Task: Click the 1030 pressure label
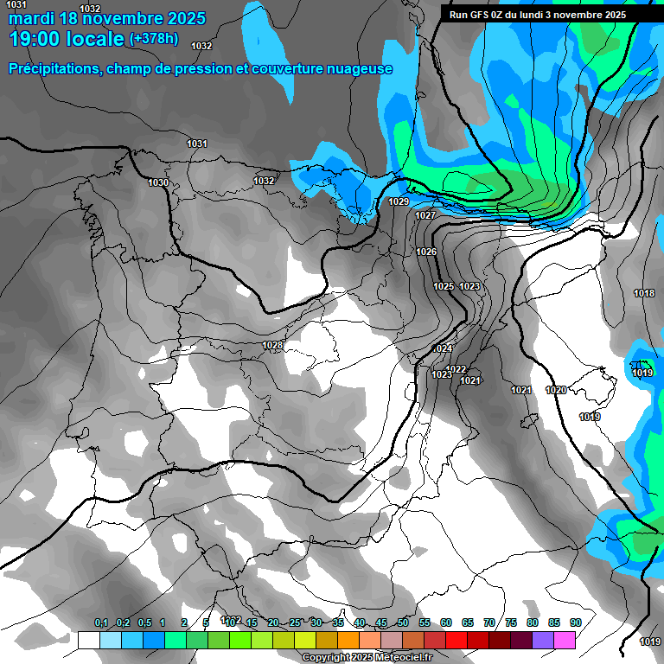tap(158, 182)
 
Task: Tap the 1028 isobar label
tap(272, 345)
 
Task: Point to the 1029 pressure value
tap(399, 201)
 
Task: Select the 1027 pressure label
tap(425, 215)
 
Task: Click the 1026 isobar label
tap(426, 252)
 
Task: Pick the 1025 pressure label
tap(444, 286)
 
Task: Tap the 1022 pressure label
tap(456, 369)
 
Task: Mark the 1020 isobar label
tap(556, 390)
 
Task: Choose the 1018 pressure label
tap(644, 293)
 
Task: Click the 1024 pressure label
tap(443, 348)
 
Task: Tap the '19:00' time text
tap(36, 39)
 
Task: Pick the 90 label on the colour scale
tap(575, 622)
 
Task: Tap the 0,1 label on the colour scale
tap(101, 622)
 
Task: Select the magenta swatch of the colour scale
tap(565, 640)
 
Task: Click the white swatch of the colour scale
tap(88, 640)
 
